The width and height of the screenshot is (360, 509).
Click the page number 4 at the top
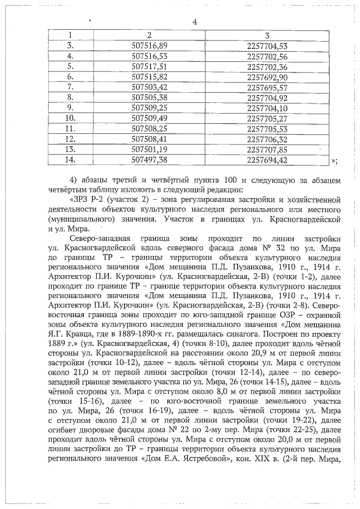pos(194,22)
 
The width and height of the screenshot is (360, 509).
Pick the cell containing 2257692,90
pos(267,76)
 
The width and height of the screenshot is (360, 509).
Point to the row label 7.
pos(71,87)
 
